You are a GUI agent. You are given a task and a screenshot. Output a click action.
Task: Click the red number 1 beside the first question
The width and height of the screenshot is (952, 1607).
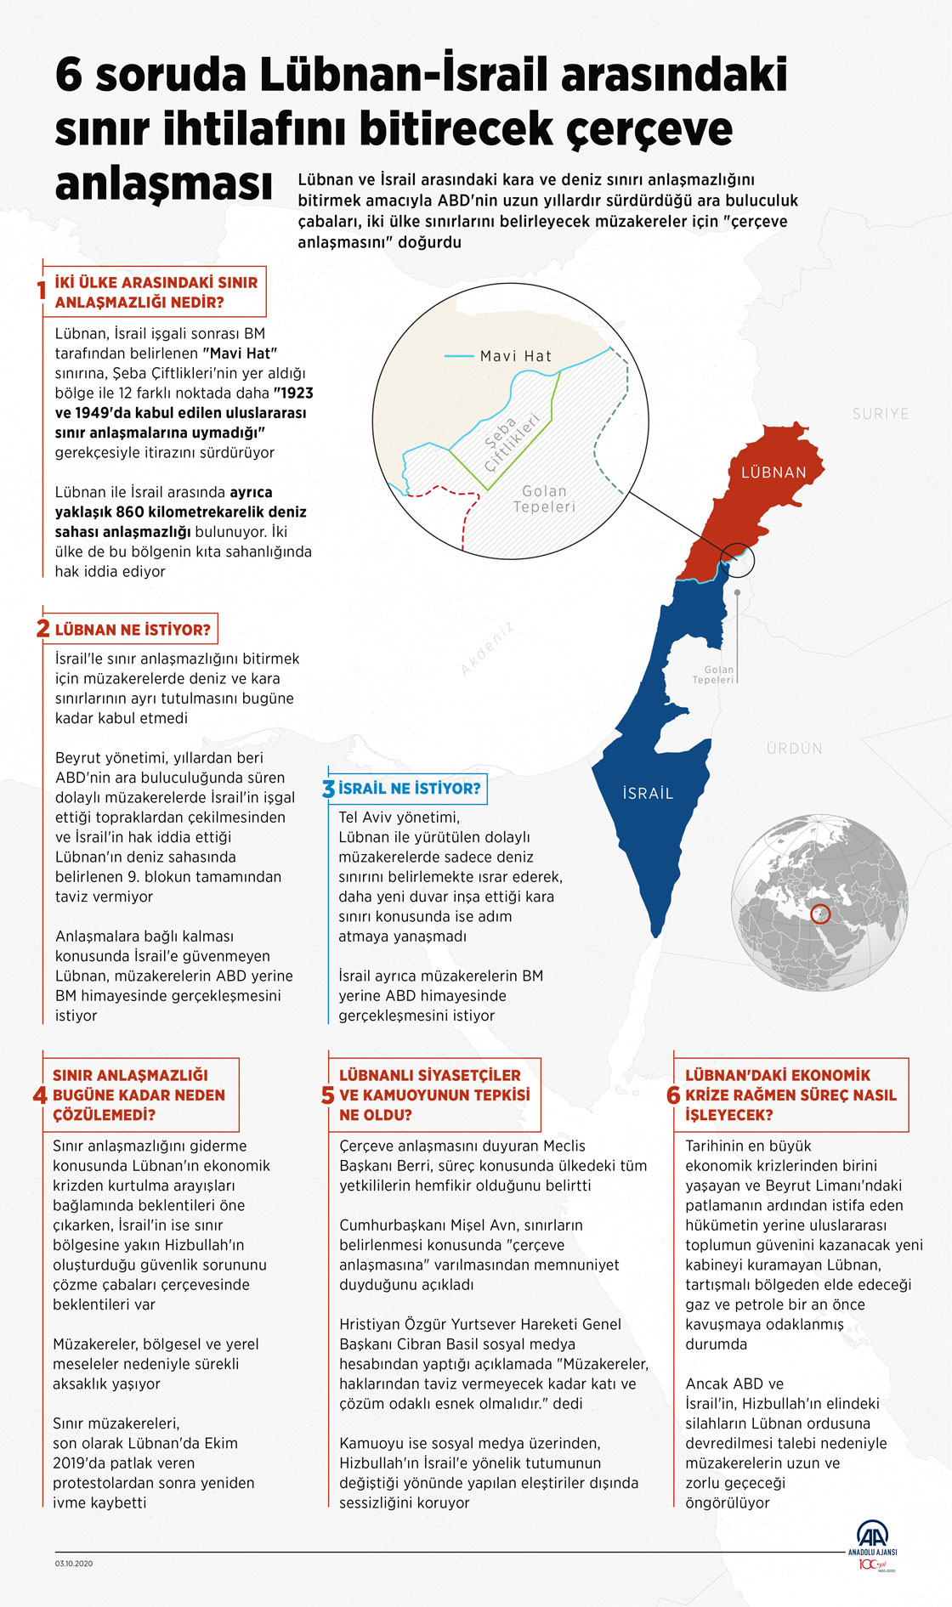pos(41,291)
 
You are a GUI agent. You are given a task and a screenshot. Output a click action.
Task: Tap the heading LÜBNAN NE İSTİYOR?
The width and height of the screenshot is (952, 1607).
pos(133,630)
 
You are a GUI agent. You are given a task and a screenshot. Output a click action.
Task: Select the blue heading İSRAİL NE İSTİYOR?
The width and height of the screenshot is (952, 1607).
pos(409,789)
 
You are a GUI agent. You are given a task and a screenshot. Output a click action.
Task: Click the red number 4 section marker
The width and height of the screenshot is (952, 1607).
pos(40,1095)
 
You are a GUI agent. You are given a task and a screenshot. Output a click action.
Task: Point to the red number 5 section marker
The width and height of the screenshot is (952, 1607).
pos(328,1095)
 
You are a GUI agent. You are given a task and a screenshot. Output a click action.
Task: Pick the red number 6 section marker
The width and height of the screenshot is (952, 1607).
pos(673,1095)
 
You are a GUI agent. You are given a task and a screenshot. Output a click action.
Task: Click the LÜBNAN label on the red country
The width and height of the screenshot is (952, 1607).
pos(773,472)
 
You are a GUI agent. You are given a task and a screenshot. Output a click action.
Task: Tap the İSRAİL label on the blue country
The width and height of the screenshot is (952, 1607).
pos(648,794)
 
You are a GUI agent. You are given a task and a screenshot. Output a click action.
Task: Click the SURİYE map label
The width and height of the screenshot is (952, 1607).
pos(881,414)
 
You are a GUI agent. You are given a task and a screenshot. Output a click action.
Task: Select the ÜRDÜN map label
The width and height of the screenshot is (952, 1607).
pos(795,749)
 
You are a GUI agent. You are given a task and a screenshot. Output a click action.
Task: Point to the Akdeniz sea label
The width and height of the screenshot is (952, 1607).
pos(487,649)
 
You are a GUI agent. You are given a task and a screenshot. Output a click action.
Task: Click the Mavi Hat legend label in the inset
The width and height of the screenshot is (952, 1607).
pos(516,356)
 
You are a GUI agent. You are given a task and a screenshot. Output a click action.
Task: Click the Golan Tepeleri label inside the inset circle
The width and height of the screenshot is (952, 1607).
pos(544,499)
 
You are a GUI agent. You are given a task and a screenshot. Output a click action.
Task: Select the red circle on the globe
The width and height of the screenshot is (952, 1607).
pos(820,914)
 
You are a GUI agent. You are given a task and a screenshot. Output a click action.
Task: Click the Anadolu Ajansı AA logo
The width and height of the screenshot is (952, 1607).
pos(872,1537)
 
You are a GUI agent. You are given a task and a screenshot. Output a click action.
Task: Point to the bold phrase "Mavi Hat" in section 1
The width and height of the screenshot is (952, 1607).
pos(240,353)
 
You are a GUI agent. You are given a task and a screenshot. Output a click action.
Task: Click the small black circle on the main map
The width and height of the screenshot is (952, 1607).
pos(737,553)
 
